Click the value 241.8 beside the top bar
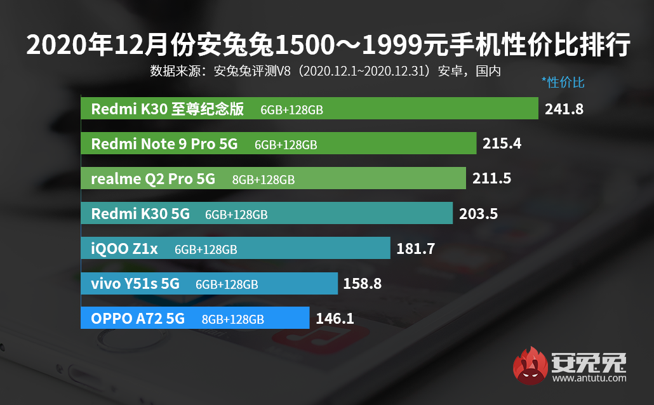(564, 109)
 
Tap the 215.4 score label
(502, 143)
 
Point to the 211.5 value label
(491, 178)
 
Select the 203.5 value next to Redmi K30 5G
(478, 213)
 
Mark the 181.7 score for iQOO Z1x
(415, 248)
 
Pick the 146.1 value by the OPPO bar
(334, 318)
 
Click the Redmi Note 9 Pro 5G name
(164, 144)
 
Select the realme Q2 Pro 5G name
(153, 179)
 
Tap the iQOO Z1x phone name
(124, 249)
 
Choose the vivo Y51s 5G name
(135, 284)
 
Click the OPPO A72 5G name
(138, 319)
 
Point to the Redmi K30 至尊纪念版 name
(168, 109)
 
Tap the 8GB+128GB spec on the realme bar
(264, 180)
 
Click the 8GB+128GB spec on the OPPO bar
(232, 319)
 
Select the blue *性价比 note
(563, 82)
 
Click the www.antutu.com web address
(589, 378)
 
